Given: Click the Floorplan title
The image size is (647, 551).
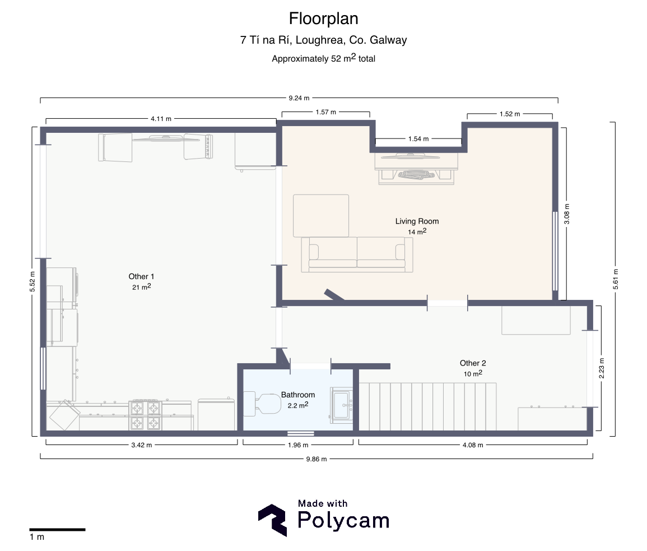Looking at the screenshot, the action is (x=324, y=18).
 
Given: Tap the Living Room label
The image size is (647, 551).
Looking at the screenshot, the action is (x=417, y=221).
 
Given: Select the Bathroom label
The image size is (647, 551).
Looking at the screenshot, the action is (x=298, y=395).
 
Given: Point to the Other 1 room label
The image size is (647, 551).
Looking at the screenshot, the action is (x=141, y=277).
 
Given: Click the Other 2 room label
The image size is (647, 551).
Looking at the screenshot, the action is (x=473, y=363).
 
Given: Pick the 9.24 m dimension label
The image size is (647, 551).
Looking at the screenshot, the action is (x=299, y=98).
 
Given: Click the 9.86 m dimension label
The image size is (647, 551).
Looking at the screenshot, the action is (x=316, y=459).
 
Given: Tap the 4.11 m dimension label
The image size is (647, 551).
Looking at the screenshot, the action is (x=161, y=119).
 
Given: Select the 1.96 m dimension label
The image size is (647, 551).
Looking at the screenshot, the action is (x=298, y=445).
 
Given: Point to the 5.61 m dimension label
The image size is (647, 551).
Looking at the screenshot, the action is (x=616, y=279).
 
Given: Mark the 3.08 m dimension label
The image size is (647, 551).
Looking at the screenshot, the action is (x=566, y=214).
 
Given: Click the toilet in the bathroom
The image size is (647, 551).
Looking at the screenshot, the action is (x=262, y=404).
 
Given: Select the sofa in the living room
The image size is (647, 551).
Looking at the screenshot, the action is (x=357, y=254).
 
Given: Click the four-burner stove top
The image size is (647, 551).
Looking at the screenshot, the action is (x=145, y=415).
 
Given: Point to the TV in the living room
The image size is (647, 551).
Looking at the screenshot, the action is (x=410, y=156).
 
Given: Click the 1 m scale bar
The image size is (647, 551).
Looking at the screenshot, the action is (x=57, y=530).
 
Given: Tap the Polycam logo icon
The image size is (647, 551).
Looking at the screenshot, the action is (x=273, y=520).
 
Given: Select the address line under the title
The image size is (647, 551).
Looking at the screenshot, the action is (x=324, y=40).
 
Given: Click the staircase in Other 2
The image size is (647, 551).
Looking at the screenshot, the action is (x=428, y=407).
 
